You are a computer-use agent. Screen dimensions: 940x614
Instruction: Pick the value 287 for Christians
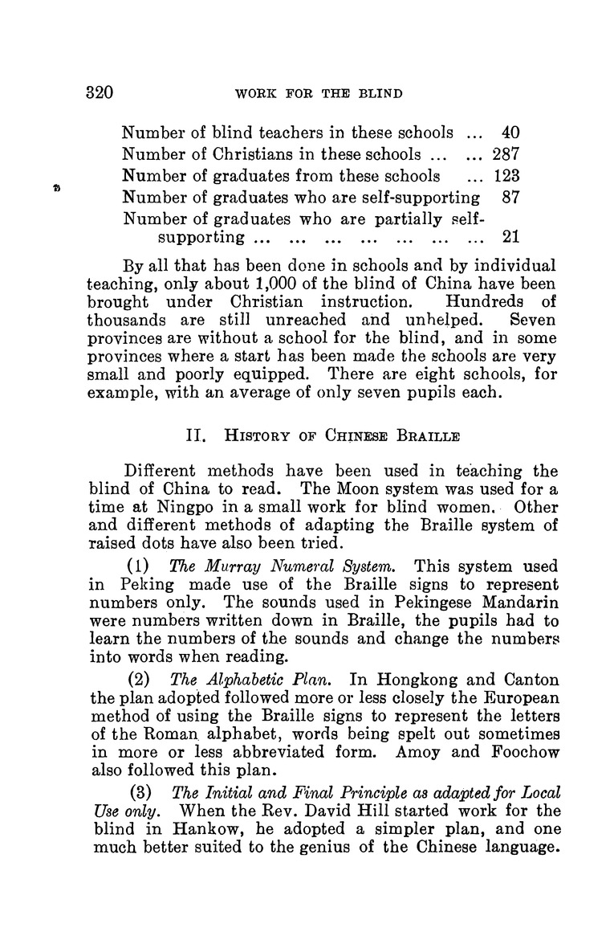coord(505,153)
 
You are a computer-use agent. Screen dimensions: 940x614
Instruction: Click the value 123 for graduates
coord(505,175)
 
